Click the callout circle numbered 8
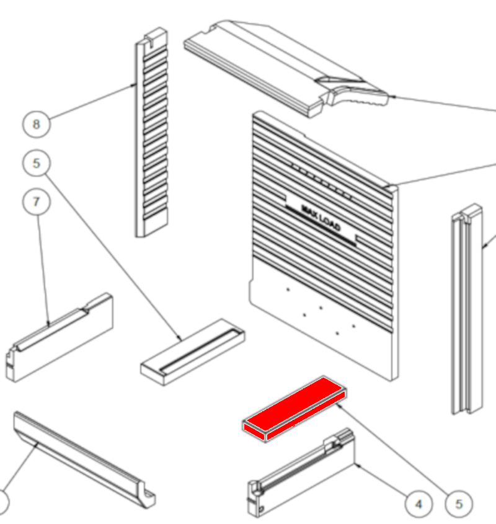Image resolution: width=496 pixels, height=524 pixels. (x=37, y=124)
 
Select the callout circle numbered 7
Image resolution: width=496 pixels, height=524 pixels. (x=37, y=202)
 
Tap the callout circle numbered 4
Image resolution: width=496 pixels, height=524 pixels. (x=418, y=504)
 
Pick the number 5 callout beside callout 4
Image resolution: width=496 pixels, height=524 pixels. (x=459, y=504)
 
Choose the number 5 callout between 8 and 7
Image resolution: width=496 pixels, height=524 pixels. (x=37, y=163)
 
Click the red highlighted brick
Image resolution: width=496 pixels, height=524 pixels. (x=294, y=409)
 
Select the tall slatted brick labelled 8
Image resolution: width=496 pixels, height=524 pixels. (x=151, y=132)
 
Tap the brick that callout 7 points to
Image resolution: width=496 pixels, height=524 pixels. (x=60, y=337)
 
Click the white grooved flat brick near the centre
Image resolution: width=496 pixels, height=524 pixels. (x=193, y=352)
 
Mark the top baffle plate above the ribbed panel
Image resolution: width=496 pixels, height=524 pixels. (x=286, y=68)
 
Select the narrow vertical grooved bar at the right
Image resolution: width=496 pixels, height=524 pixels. (x=467, y=309)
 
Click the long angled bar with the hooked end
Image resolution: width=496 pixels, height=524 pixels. (x=84, y=460)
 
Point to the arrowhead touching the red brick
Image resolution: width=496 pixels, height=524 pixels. (x=339, y=406)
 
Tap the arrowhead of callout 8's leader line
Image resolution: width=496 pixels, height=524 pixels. (x=133, y=85)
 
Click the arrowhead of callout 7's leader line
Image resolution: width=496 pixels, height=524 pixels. (x=48, y=323)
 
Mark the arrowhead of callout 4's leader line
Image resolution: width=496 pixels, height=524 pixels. (x=357, y=465)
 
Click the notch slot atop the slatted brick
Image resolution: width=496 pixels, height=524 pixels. (x=151, y=42)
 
